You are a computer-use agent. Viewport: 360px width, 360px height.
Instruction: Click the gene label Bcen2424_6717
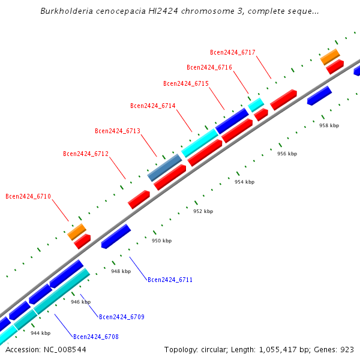point(233,52)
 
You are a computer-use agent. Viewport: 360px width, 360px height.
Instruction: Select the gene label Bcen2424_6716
point(209,67)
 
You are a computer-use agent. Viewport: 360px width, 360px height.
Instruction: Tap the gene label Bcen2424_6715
point(186,83)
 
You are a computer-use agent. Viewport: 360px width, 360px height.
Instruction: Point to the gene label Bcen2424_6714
point(153,106)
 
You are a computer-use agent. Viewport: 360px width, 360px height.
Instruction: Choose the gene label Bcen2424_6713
point(118,131)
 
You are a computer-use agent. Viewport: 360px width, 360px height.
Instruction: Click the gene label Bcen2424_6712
point(86,154)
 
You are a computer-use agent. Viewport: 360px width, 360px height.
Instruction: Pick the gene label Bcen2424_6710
point(28,196)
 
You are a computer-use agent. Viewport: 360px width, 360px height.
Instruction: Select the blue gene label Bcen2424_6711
point(170,280)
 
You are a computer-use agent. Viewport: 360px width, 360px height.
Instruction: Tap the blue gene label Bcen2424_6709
point(122,317)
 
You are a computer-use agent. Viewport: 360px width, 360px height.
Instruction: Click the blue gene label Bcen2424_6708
point(96,337)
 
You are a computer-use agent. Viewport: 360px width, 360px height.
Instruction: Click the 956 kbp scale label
point(287,154)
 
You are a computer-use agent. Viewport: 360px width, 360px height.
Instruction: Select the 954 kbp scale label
point(244,182)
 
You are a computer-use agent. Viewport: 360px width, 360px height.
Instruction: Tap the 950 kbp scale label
point(161,241)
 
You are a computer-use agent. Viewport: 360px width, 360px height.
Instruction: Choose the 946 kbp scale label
point(80,302)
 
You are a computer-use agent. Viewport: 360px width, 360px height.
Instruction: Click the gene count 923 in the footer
point(347,349)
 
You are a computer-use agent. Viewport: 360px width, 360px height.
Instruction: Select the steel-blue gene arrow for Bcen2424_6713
point(164,167)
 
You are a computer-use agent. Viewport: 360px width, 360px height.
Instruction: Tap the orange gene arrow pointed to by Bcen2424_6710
point(77,231)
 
